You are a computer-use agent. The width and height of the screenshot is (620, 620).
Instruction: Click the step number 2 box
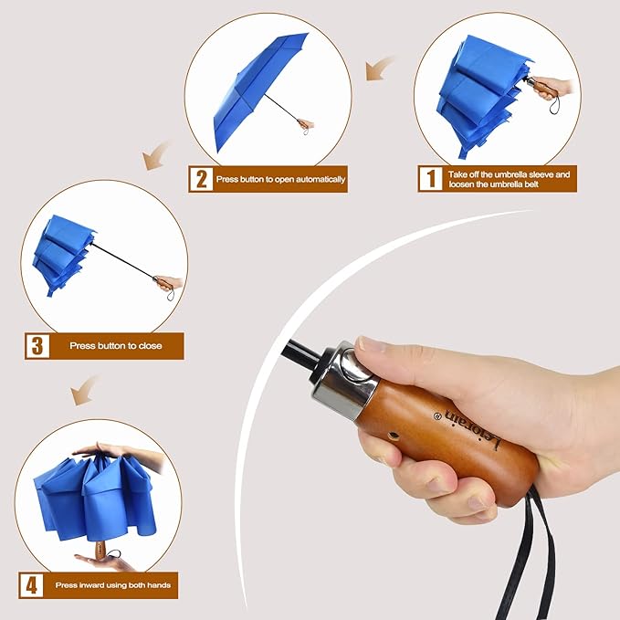point(200,178)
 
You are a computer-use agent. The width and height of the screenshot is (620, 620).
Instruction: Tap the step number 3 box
point(37,346)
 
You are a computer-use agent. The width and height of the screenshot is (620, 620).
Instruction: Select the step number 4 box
point(31,584)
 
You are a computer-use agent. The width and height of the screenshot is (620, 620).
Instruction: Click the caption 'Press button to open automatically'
point(281,179)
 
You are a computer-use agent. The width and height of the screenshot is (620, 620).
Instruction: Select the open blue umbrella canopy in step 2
point(260,87)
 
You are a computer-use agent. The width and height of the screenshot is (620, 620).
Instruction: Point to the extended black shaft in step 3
point(123,260)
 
